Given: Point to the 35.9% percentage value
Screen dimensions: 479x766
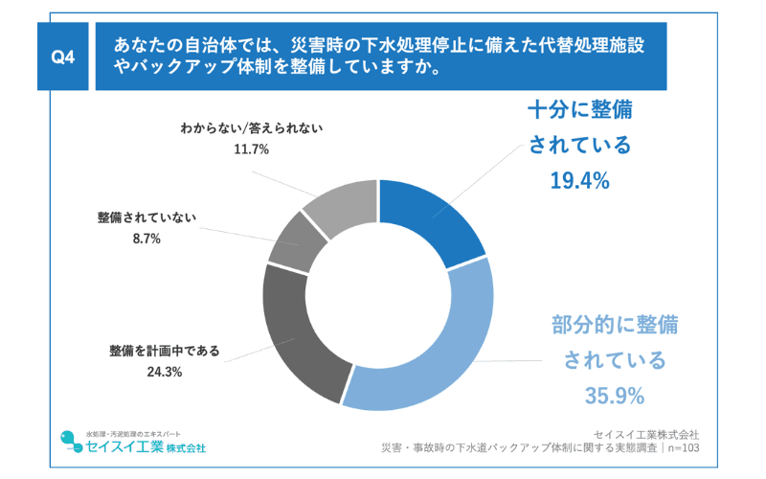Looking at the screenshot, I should click(x=614, y=395).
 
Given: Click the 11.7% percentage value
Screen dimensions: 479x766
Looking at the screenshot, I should click(x=251, y=149).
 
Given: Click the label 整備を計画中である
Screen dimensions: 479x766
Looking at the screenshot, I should click(x=164, y=351).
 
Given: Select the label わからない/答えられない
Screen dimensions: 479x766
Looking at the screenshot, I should click(x=251, y=128).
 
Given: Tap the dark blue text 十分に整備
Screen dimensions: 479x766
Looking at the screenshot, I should click(x=579, y=108).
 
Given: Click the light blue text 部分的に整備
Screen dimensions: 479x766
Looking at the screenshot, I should click(x=614, y=324).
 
